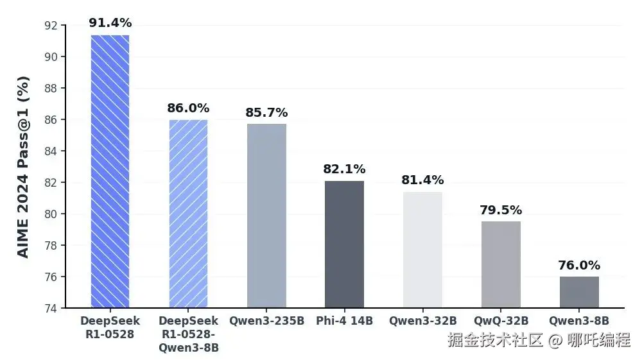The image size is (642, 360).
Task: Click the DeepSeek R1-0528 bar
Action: pyautogui.click(x=110, y=171)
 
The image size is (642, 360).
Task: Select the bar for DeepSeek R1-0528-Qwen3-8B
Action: pyautogui.click(x=188, y=214)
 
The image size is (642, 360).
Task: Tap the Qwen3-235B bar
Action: pyautogui.click(x=266, y=216)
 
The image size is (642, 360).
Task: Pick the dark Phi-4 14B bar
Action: pyautogui.click(x=344, y=244)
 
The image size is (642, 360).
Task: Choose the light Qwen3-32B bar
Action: pyautogui.click(x=422, y=250)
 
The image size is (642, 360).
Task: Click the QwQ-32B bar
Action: pyautogui.click(x=501, y=264)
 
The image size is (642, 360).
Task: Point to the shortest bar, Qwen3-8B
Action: pyautogui.click(x=579, y=292)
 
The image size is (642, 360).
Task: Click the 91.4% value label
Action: pyautogui.click(x=110, y=23)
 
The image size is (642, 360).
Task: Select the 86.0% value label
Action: pyautogui.click(x=188, y=108)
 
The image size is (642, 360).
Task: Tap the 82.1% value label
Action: pyautogui.click(x=344, y=169)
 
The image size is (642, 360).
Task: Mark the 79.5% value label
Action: pyautogui.click(x=501, y=210)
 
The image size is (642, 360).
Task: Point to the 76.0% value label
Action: pyautogui.click(x=579, y=265)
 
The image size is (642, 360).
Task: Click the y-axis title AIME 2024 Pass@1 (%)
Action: pyautogui.click(x=23, y=167)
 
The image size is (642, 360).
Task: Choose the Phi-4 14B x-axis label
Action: pyautogui.click(x=344, y=321)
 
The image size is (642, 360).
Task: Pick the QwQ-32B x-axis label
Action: pyautogui.click(x=501, y=321)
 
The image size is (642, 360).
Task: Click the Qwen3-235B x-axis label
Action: pyautogui.click(x=266, y=321)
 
